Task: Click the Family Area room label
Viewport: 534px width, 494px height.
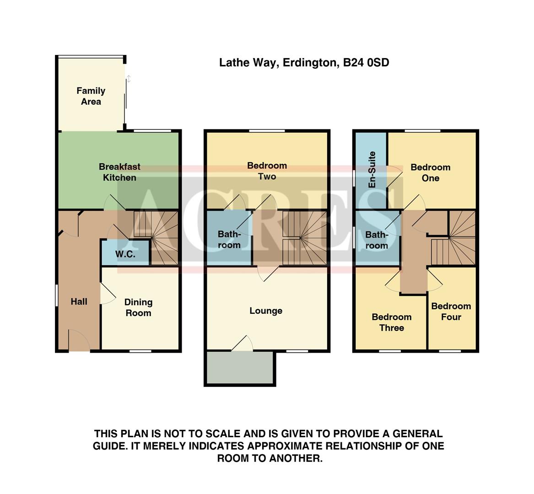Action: click(91, 96)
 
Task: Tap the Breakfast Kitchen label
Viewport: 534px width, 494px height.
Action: click(119, 172)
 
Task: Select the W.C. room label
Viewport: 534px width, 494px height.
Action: click(125, 254)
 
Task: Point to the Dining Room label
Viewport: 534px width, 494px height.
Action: click(138, 307)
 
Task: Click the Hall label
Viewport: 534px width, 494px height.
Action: click(79, 301)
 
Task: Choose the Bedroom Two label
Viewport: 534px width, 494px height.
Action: click(267, 171)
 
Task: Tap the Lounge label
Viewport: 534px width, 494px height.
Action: click(266, 311)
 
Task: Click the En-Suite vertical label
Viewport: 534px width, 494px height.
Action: click(372, 169)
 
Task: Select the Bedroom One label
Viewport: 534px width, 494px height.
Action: click(430, 172)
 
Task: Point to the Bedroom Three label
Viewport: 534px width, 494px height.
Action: click(391, 322)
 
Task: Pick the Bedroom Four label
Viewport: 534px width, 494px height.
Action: click(451, 311)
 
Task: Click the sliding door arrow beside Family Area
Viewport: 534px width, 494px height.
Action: click(129, 79)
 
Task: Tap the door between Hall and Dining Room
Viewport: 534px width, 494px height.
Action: click(107, 293)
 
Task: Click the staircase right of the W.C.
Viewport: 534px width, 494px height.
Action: click(164, 238)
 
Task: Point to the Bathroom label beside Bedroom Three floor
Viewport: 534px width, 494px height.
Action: click(377, 240)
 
